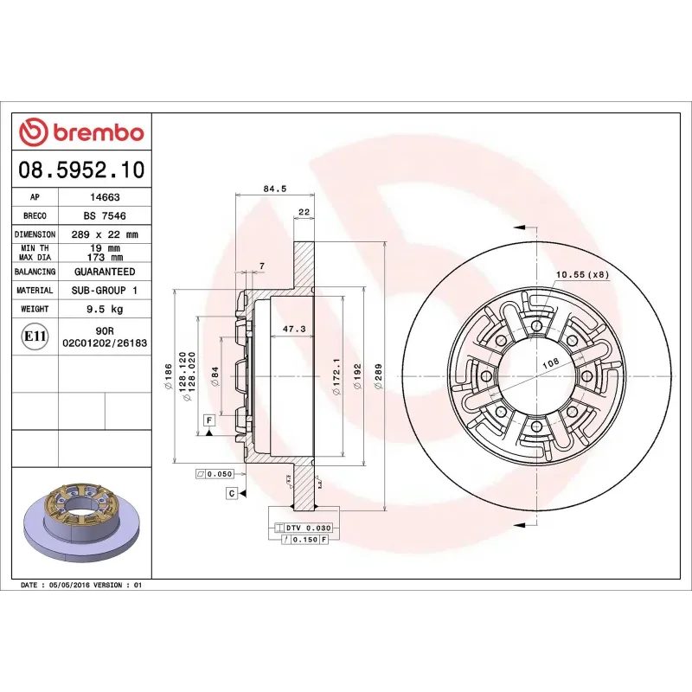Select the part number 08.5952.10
(x=81, y=170)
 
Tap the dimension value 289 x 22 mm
(x=105, y=234)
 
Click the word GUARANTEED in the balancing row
(x=105, y=272)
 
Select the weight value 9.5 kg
(x=105, y=309)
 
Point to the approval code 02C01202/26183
(x=105, y=343)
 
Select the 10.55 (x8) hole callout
(x=582, y=275)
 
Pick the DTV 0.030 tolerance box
(x=303, y=527)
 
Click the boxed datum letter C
(x=232, y=493)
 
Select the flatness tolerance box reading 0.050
(x=216, y=474)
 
